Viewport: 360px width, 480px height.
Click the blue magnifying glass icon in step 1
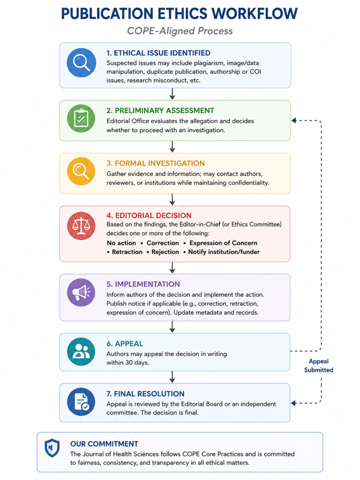[x=81, y=62]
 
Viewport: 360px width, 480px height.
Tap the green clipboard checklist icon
[x=81, y=119]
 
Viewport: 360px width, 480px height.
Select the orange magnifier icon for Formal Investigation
[x=81, y=171]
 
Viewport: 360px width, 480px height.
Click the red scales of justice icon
[x=81, y=226]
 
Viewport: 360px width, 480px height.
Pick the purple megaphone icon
[x=81, y=293]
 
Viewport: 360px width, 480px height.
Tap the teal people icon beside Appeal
[x=81, y=352]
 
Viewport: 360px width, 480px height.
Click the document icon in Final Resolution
[x=81, y=402]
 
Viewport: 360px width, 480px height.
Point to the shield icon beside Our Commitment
[x=52, y=448]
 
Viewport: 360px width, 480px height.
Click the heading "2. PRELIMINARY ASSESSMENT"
[x=160, y=110]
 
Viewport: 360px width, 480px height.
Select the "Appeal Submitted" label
[x=319, y=366]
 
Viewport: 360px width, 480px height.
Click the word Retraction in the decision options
[x=127, y=252]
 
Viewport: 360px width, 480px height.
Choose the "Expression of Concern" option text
[x=223, y=243]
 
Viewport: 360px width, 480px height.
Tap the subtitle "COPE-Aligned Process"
[x=180, y=31]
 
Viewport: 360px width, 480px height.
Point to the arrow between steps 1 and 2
[x=172, y=94]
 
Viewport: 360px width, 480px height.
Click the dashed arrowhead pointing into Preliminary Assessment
[x=294, y=121]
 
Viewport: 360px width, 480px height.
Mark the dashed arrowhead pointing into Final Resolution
[x=294, y=403]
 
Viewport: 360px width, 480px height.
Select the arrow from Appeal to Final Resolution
[x=172, y=377]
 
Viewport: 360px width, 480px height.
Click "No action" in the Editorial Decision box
[x=121, y=243]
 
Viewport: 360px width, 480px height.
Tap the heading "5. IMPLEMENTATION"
[x=143, y=284]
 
